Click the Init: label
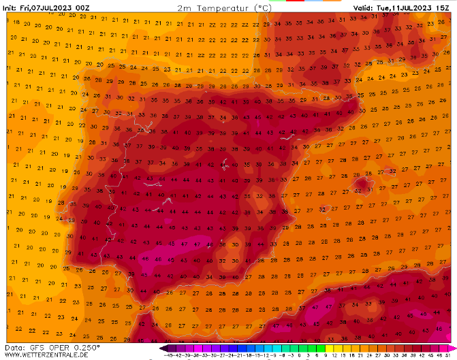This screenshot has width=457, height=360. coord(10,7)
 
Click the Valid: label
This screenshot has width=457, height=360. coord(362,7)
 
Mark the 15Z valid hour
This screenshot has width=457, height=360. coord(446,7)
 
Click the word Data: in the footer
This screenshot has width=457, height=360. coord(15,347)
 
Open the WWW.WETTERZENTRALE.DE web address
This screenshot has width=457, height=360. coord(52,355)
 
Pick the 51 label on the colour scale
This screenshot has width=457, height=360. coord(447,355)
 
